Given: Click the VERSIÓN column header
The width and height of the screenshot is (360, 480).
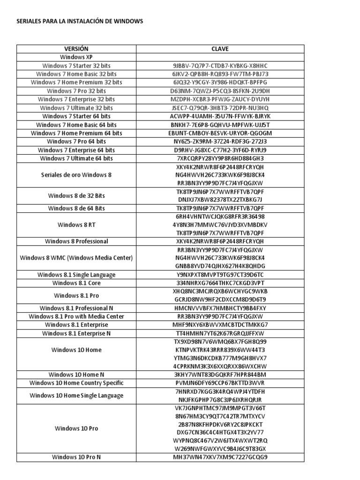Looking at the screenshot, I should pos(76,49).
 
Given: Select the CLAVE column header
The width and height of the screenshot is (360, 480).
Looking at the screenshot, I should pos(220,49).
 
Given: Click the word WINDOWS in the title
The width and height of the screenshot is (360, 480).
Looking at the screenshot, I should pos(128,22).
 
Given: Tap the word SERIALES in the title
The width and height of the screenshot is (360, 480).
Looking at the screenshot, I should pos(29,22).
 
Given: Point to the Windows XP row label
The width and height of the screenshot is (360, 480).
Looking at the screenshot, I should pos(76,57).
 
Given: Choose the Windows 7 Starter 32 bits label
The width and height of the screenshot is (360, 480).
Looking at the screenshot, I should pos(76,66).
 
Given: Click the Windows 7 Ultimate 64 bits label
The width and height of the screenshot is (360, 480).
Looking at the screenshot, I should pos(76,158).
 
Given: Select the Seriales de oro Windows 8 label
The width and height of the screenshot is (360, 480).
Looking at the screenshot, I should pos(76,175).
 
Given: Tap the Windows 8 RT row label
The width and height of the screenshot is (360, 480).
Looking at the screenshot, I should pos(76,225).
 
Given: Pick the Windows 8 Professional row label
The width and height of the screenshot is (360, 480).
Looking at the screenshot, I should pos(76,241).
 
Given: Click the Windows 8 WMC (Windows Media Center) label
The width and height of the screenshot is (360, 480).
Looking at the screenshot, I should pos(76,258).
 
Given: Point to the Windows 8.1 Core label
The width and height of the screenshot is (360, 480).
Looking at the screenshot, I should pos(76,283).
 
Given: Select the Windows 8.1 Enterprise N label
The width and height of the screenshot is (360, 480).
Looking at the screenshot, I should pos(76,333).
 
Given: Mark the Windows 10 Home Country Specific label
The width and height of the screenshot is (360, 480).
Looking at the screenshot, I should pos(76,383).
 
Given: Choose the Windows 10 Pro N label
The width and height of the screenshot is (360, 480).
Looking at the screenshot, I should pos(76,457).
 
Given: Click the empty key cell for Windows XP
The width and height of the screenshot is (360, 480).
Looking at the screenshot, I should pos(220,57).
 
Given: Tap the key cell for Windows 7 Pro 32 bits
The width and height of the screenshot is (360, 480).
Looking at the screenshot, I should pos(220,91).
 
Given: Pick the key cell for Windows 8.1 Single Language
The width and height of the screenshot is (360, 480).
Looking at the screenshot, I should pos(220,275).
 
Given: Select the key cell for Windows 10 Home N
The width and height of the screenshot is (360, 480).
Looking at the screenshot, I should pos(220,375).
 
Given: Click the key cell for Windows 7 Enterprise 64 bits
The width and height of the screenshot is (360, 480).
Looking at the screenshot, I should pos(220,150).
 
